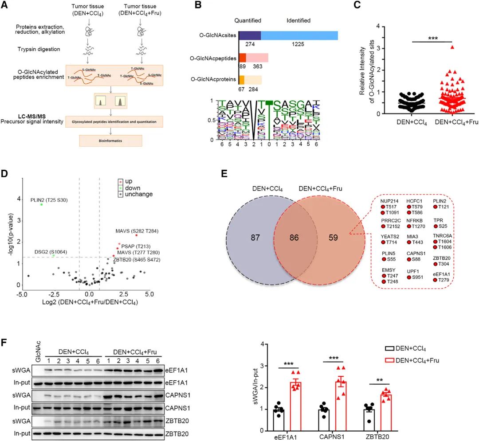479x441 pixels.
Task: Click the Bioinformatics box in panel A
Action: (x=111, y=140)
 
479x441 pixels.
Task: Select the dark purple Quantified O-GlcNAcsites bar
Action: (x=250, y=36)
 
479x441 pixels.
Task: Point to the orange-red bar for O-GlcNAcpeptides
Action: (x=243, y=58)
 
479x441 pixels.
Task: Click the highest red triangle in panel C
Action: (x=440, y=47)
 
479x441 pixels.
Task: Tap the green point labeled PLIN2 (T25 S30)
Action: (x=42, y=204)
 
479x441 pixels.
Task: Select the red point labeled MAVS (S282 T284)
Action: (x=136, y=235)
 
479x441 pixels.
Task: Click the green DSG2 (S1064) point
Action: (x=54, y=255)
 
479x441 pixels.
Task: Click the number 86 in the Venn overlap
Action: (x=294, y=238)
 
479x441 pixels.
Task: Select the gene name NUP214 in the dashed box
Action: (x=390, y=201)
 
